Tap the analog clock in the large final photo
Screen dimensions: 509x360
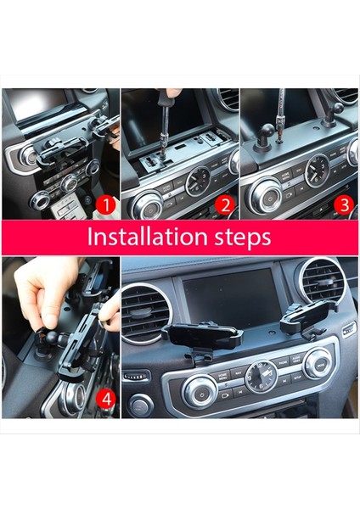pos(261,376)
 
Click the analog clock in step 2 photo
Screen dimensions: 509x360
pos(200,181)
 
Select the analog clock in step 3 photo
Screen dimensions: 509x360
pos(318,171)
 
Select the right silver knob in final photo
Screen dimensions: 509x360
pos(318,363)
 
